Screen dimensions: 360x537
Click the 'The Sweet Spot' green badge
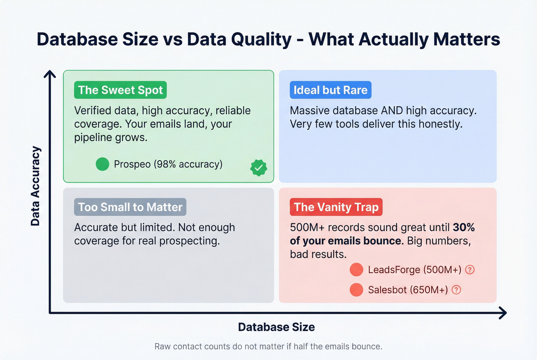coord(120,90)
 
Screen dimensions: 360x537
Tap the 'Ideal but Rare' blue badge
coord(330,90)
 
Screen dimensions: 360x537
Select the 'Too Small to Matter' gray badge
coord(130,207)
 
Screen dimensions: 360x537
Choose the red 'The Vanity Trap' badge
coord(336,207)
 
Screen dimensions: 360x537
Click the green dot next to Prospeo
coord(102,164)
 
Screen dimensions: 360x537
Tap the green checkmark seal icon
coord(259,168)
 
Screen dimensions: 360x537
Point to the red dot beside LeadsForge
coord(356,270)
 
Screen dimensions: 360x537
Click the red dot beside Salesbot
coord(356,289)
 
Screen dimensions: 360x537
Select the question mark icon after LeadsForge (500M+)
coord(470,270)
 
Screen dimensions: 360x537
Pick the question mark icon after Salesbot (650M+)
coord(456,289)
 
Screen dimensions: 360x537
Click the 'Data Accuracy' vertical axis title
coord(35,186)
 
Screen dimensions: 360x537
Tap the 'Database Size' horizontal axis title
coord(276,327)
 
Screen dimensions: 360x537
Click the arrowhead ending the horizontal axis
coord(503,313)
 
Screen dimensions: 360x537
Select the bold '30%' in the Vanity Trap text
coord(464,227)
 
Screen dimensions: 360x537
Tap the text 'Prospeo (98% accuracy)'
coord(168,164)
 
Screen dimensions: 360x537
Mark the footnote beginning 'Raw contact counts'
coord(268,347)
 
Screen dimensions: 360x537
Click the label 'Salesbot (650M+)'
coord(408,290)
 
